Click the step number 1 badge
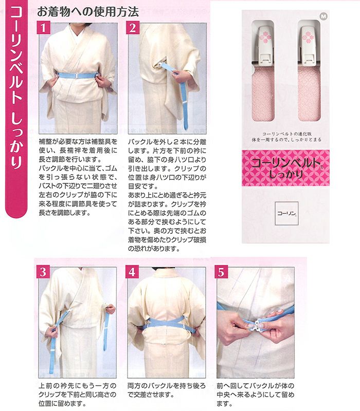pos(43,28)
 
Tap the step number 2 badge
pos(133,28)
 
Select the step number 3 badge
pos(43,272)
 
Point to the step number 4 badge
pos(132,272)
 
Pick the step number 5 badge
pos(221,272)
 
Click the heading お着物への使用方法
pos(88,12)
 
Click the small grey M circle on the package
pos(324,16)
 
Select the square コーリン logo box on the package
pos(286,213)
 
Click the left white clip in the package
pos(263,46)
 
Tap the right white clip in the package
pos(309,45)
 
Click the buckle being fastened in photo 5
pos(256,324)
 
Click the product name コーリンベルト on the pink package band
pos(286,163)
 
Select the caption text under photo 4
pos(166,390)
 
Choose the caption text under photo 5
pos(255,395)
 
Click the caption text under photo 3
pos(78,395)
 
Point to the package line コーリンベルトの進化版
pos(287,134)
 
